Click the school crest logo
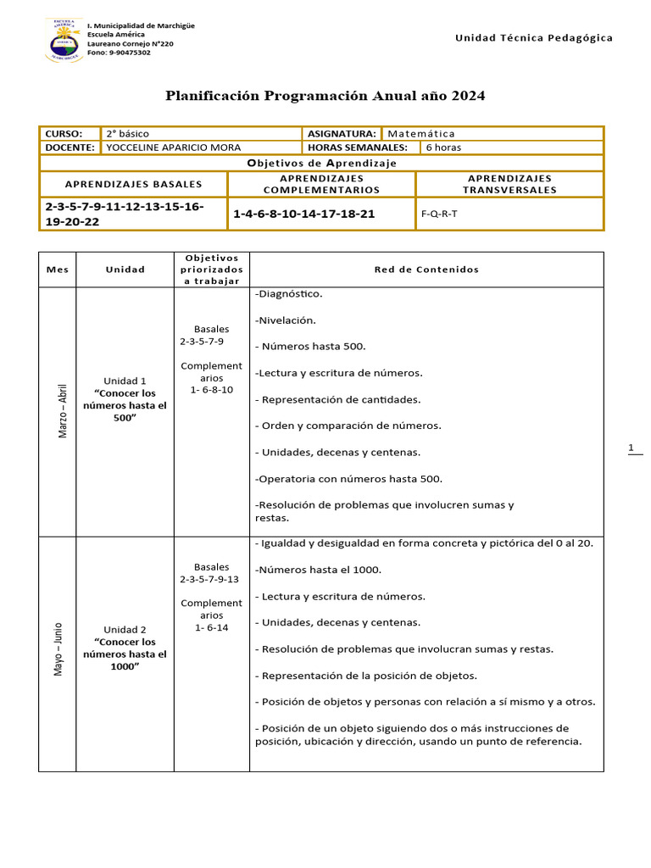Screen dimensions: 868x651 click(x=64, y=40)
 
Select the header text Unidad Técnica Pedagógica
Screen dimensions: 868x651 click(x=533, y=38)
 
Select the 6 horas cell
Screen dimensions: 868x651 click(x=443, y=147)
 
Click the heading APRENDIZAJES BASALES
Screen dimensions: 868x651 click(x=134, y=184)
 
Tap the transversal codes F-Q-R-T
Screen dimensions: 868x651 click(x=439, y=214)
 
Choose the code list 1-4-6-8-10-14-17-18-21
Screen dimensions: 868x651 click(x=303, y=214)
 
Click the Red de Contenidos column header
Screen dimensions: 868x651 click(x=426, y=270)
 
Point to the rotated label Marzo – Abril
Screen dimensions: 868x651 click(x=61, y=410)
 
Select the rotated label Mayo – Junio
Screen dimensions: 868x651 click(x=58, y=649)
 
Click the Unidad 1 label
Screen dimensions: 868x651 click(x=125, y=381)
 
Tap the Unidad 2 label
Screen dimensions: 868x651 click(x=125, y=630)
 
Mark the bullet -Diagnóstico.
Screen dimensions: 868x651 click(x=288, y=294)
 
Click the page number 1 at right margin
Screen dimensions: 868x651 click(x=632, y=448)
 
